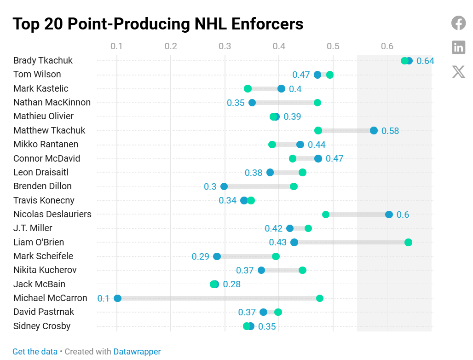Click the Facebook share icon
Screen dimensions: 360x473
[x=458, y=23]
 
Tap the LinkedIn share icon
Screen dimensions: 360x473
[x=458, y=47]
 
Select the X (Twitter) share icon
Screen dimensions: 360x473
[x=458, y=71]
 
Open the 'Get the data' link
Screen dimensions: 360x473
[x=35, y=351]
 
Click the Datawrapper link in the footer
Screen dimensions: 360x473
[x=137, y=351]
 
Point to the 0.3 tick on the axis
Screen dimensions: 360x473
[x=225, y=46]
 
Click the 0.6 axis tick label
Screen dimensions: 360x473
[x=387, y=46]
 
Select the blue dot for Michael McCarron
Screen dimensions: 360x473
[x=117, y=298]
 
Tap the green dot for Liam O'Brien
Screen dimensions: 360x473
[x=408, y=242]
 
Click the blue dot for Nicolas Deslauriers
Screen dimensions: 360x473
[x=389, y=215]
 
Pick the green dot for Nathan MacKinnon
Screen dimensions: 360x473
[x=317, y=103]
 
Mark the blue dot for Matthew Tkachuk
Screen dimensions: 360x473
[x=374, y=131]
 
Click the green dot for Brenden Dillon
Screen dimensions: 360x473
[x=294, y=186]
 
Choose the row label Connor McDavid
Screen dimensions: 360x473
[x=46, y=158]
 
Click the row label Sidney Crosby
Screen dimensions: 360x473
[x=42, y=326]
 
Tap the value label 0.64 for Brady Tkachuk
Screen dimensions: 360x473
[x=425, y=61]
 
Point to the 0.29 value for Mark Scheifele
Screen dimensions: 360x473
[x=201, y=256]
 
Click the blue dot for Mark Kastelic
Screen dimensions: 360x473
[x=281, y=89]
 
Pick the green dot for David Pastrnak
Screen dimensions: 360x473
[x=278, y=312]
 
